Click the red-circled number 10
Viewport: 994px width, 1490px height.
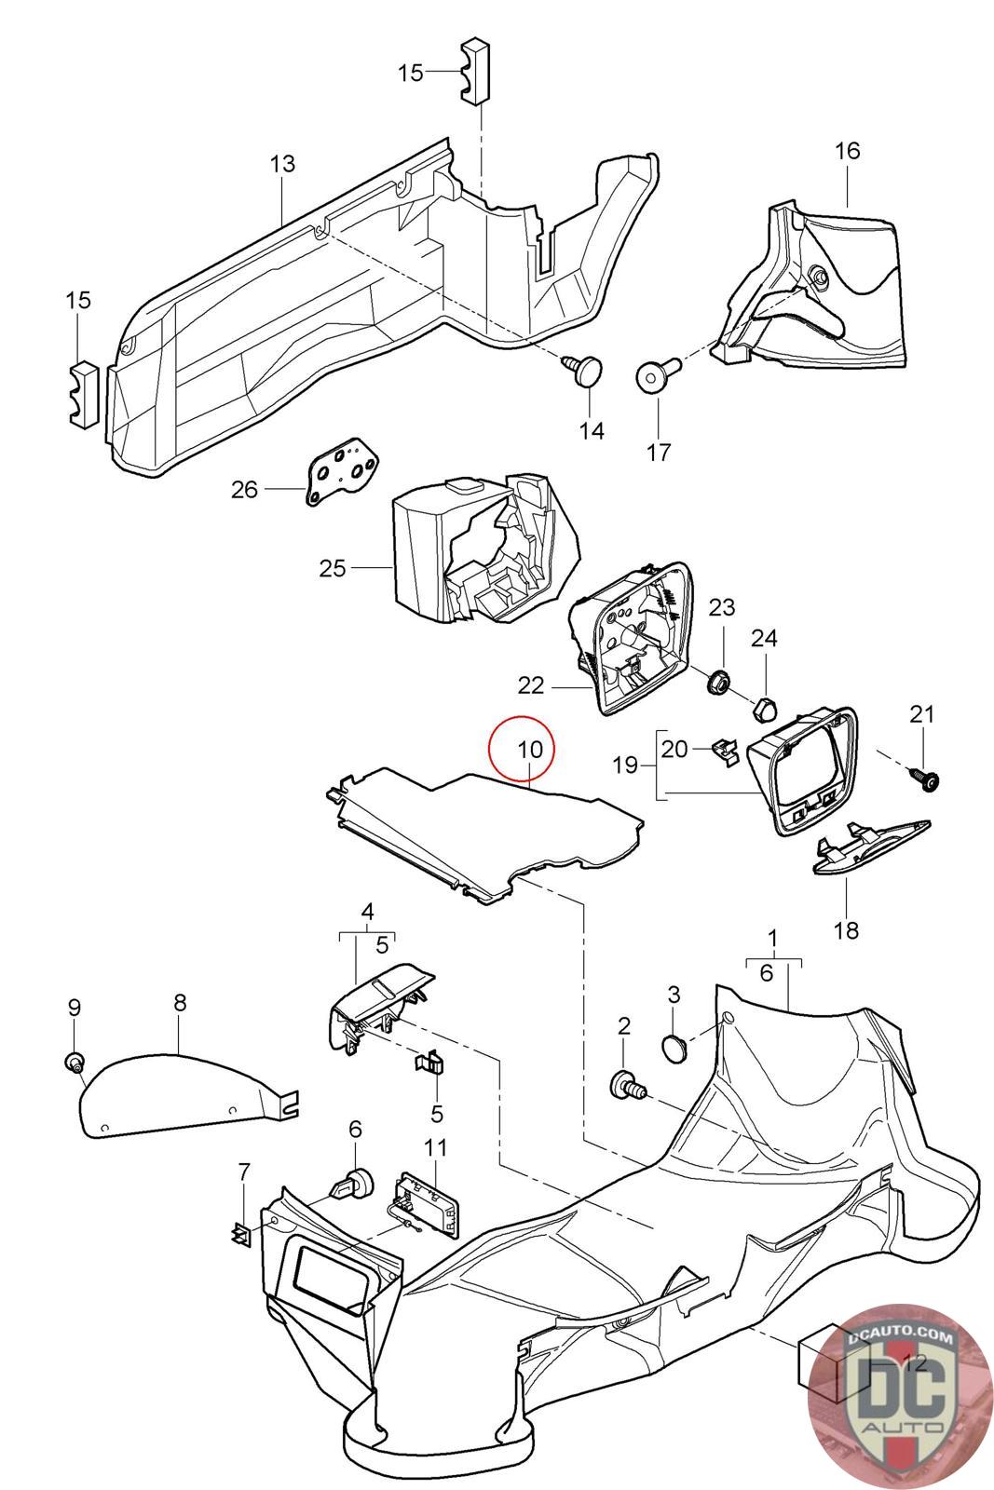click(x=529, y=749)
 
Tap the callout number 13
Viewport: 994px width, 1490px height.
click(x=282, y=164)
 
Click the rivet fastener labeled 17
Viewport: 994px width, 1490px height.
click(x=653, y=377)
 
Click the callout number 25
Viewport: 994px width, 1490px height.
click(x=333, y=568)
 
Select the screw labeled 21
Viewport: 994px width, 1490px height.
click(x=928, y=780)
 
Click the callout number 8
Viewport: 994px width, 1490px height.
click(x=180, y=1003)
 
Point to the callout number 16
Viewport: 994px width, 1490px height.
click(x=847, y=150)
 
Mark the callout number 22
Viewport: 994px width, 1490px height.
click(x=531, y=686)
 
